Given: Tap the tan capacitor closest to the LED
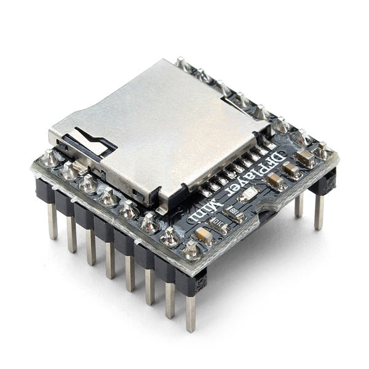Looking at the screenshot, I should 276,181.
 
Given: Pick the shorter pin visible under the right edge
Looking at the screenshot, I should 298,205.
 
